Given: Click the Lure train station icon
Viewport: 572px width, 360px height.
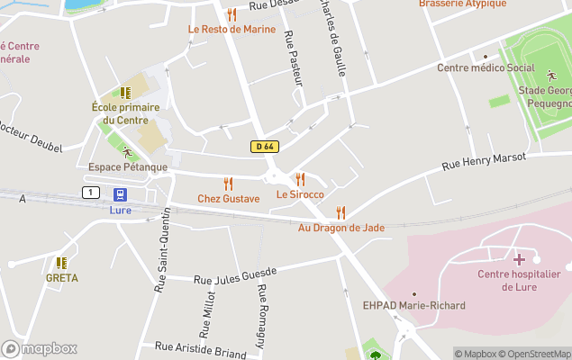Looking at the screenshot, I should click(x=120, y=194).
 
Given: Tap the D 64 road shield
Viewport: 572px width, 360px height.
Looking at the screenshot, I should click(x=262, y=147).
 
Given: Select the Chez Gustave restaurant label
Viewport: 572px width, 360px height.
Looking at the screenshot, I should click(x=228, y=199).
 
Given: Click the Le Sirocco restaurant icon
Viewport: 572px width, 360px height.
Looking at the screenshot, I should click(x=300, y=179).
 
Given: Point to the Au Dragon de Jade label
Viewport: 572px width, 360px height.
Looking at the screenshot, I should click(x=341, y=228).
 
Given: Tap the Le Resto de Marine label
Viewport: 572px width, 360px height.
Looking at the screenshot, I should click(x=232, y=29).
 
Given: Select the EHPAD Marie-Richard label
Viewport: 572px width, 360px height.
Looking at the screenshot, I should click(x=414, y=306).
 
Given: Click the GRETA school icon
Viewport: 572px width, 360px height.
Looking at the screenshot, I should click(x=61, y=263).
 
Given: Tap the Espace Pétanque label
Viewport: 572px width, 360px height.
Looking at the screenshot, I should click(x=128, y=167).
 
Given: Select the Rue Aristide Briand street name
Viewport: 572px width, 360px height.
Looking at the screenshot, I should click(x=200, y=348).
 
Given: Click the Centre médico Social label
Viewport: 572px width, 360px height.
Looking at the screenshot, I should click(x=486, y=67).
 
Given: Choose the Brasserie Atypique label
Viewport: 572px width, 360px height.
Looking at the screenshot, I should click(x=462, y=4).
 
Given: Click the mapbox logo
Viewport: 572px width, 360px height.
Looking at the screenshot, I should click(x=39, y=348).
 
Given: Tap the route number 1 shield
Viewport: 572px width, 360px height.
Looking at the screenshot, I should click(x=90, y=192).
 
